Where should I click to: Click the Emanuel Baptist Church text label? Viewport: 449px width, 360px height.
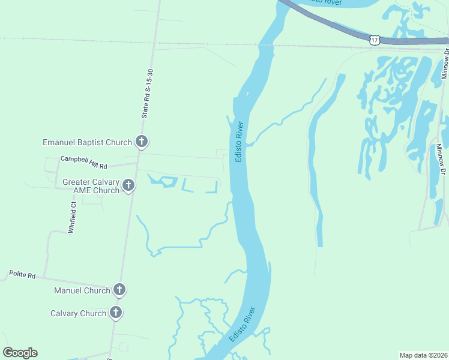[87, 142]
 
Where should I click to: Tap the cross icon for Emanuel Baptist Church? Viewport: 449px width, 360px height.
[141, 142]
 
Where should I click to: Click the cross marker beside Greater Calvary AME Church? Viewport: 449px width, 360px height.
[128, 186]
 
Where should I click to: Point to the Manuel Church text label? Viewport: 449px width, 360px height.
[82, 290]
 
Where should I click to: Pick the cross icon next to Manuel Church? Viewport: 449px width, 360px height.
[119, 290]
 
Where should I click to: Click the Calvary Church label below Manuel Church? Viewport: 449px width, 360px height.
[78, 313]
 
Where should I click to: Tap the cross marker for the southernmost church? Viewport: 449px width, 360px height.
[115, 313]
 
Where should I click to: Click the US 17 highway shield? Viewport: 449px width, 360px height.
[375, 40]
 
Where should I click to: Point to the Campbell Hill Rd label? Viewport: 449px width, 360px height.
[83, 162]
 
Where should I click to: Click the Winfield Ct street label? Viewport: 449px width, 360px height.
[72, 217]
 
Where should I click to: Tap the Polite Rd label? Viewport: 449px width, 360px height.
[22, 275]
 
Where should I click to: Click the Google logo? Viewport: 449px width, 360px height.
[20, 353]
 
